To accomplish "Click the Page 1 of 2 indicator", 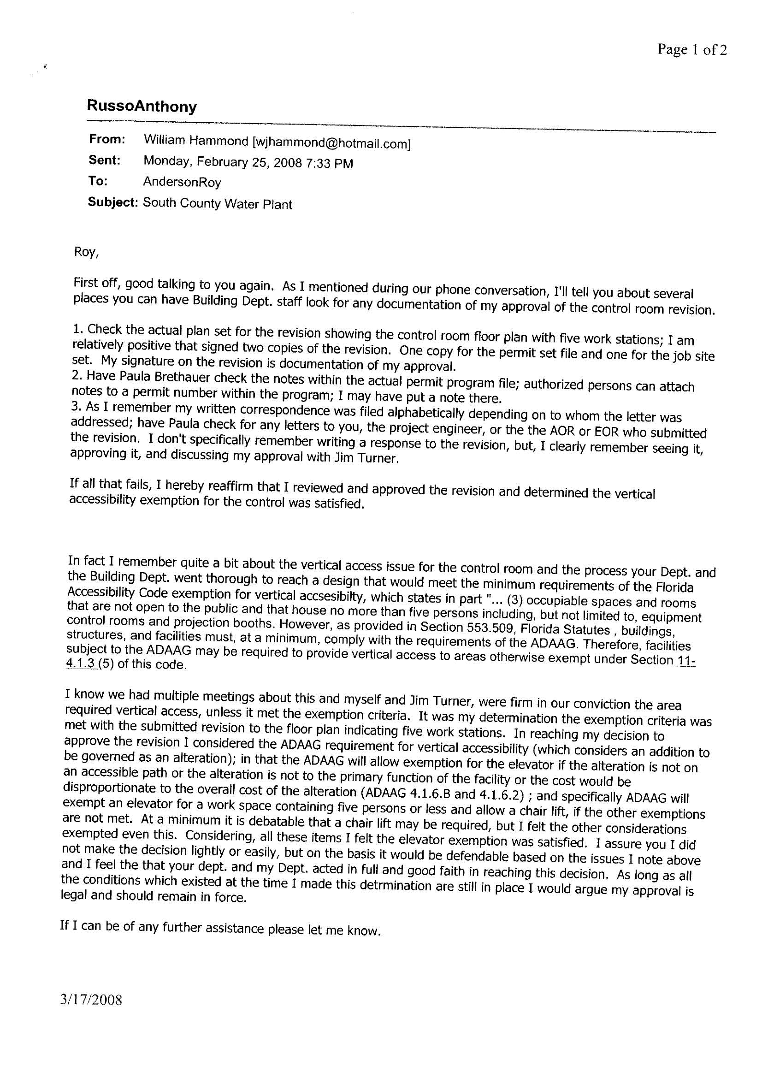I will coord(692,49).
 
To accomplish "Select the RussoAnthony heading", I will coord(142,106).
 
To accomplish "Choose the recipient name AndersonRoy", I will coord(182,182).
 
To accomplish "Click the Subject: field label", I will coord(112,202).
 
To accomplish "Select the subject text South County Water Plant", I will coord(218,204).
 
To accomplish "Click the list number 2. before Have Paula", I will coord(77,376).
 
